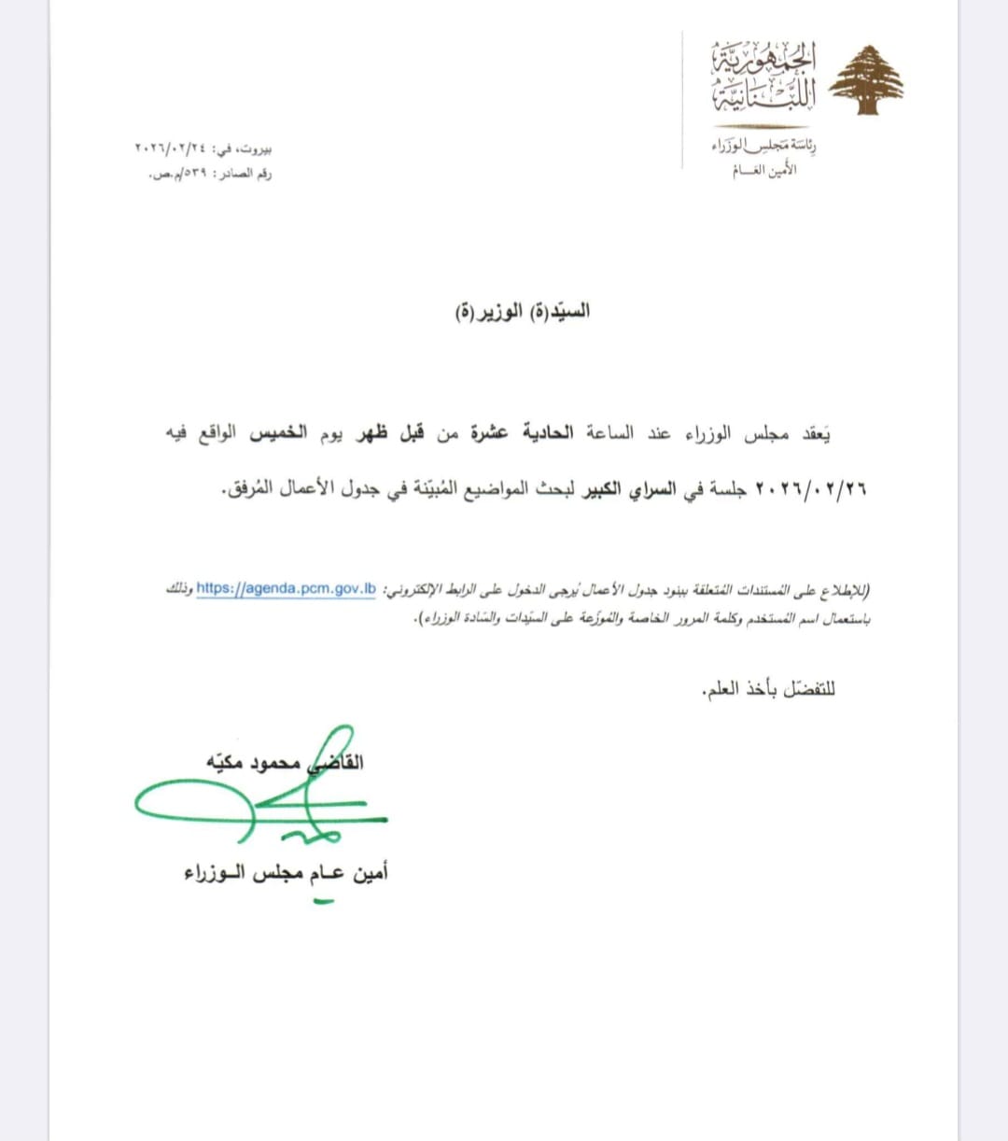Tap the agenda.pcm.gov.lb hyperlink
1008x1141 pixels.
pyautogui.click(x=286, y=588)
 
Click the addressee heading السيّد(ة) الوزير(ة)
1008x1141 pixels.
pyautogui.click(x=523, y=312)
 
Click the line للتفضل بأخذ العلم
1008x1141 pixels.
pyautogui.click(x=768, y=690)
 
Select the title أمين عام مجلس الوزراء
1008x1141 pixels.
pyautogui.click(x=286, y=873)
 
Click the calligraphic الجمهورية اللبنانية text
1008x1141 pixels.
pyautogui.click(x=763, y=76)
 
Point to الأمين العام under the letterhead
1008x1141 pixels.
pyautogui.click(x=763, y=170)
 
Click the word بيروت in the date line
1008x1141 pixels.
pyautogui.click(x=255, y=148)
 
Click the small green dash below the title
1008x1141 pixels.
pyautogui.click(x=323, y=900)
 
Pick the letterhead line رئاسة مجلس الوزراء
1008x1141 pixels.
pyautogui.click(x=763, y=146)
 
